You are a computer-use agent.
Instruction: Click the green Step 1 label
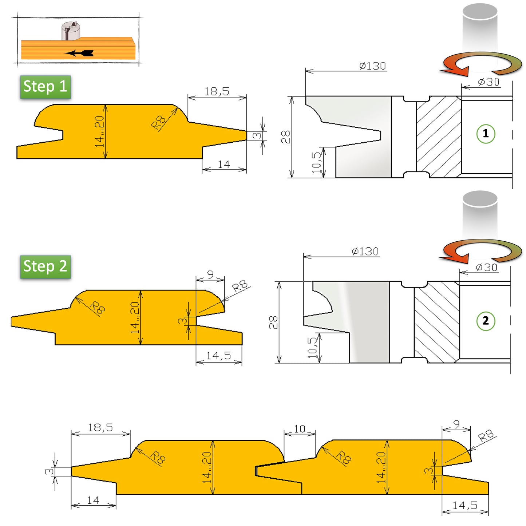(45, 87)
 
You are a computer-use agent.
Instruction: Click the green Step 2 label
(45, 266)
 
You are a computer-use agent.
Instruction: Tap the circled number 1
(486, 134)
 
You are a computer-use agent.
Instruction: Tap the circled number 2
(486, 321)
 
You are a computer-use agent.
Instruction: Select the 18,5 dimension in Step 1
(217, 91)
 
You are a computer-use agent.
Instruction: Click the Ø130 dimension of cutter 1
(372, 66)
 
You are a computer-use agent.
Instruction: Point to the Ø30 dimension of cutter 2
(486, 268)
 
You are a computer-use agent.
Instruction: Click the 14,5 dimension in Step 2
(218, 356)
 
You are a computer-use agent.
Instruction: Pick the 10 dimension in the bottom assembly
(299, 429)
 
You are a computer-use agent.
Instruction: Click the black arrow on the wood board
(80, 53)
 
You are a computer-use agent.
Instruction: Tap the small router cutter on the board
(71, 31)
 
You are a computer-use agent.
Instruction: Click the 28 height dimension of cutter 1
(286, 137)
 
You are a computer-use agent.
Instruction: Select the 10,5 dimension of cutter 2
(313, 348)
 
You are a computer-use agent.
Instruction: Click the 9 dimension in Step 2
(210, 274)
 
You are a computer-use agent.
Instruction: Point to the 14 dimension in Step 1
(224, 165)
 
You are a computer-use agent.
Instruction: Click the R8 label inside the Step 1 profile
(158, 122)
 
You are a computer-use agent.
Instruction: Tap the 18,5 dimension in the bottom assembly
(100, 427)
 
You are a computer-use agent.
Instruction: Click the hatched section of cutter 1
(439, 137)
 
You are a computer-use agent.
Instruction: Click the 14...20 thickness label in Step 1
(99, 131)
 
